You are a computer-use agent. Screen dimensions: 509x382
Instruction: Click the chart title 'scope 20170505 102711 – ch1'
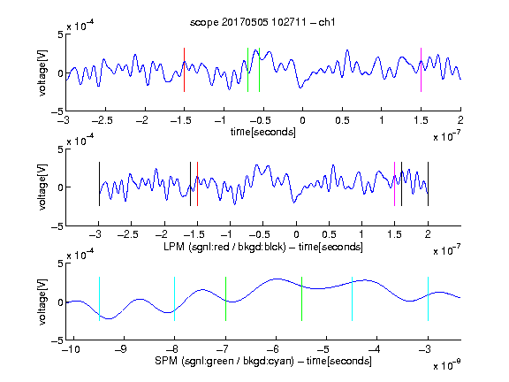point(262,22)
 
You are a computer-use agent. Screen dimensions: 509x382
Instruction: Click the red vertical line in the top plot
point(184,70)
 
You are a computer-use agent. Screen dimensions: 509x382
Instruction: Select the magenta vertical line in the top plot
point(421,70)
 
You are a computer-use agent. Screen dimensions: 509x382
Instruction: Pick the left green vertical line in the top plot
point(247,70)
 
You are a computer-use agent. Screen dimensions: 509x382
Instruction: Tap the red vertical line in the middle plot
point(197,184)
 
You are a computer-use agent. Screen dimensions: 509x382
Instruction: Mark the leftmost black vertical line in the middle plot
point(99,184)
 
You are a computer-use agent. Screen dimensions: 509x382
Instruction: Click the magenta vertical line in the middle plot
point(394,184)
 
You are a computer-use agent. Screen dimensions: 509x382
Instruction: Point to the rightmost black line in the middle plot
point(428,184)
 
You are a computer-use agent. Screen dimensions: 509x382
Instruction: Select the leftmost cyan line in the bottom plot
point(99,299)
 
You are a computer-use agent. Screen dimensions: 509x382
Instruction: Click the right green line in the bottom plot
point(302,299)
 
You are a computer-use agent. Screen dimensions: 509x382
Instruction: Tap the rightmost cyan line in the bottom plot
point(428,299)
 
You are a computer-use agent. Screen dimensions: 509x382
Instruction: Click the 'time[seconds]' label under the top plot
point(263,133)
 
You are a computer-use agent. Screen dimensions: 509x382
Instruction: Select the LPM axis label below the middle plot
point(263,247)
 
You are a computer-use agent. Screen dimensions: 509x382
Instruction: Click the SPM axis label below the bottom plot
point(263,361)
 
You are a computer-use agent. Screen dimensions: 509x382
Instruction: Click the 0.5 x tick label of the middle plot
point(329,234)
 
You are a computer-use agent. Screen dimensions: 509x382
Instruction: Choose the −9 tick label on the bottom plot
point(121,349)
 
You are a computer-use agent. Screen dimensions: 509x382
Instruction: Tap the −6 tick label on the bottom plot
point(273,349)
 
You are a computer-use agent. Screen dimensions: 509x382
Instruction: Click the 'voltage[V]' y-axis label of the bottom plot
point(42,302)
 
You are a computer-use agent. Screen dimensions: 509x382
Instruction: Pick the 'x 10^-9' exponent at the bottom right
point(447,365)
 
